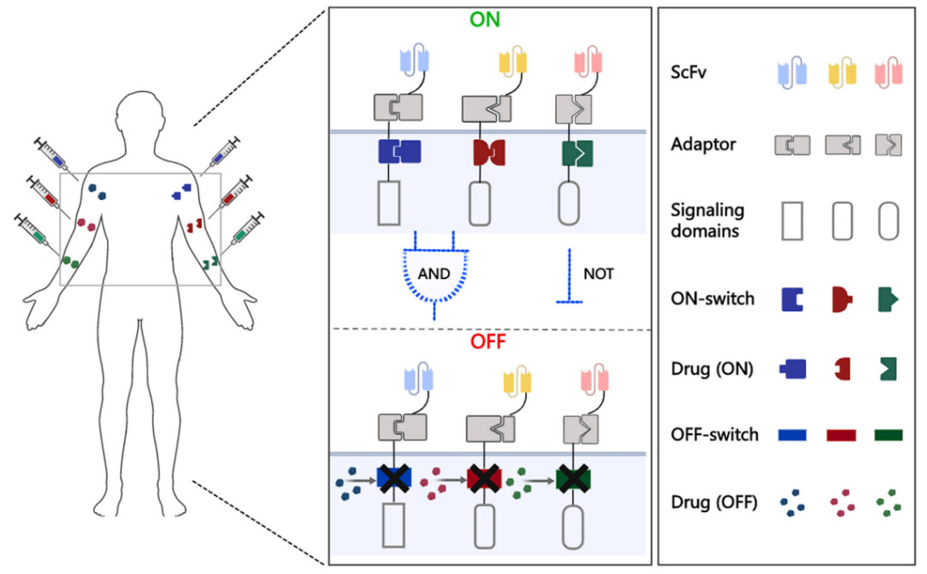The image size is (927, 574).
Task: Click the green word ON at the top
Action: pos(485,19)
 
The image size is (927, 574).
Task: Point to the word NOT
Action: pos(598,275)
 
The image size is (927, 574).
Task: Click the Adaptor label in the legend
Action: pos(703,144)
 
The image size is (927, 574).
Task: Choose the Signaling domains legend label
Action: pos(708,221)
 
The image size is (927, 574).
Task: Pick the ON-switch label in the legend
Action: pos(713,299)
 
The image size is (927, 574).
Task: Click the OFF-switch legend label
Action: pos(715,435)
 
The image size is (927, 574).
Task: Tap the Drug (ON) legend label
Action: pos(712,369)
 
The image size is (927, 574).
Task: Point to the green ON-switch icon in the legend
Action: pos(888,299)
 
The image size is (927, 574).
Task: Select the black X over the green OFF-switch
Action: pos(571,478)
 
